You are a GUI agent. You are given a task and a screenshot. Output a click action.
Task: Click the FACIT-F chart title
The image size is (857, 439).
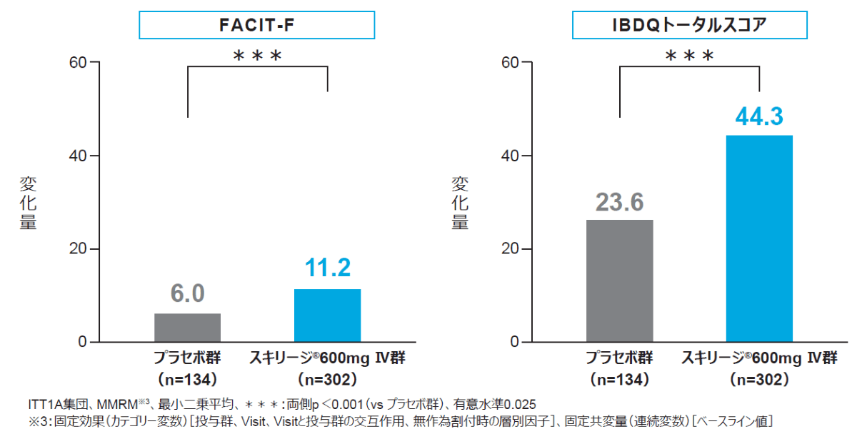pos(256,26)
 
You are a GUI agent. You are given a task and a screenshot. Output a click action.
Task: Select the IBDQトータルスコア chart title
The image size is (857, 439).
pos(690,26)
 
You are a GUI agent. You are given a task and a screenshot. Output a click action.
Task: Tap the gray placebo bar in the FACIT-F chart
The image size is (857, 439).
pos(187,328)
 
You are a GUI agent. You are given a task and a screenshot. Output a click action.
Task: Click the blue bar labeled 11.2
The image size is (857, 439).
pos(327,316)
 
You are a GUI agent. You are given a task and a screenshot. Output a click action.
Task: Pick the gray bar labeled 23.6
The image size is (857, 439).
pos(619,281)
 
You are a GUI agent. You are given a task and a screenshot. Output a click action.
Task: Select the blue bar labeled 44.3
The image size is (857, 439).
pos(759,238)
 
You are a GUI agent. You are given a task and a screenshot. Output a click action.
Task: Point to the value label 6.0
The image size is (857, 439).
pos(187,293)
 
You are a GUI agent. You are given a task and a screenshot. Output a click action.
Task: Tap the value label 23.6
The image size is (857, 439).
pos(619,201)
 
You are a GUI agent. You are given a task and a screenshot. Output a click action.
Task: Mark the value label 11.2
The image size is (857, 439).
pos(327,269)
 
